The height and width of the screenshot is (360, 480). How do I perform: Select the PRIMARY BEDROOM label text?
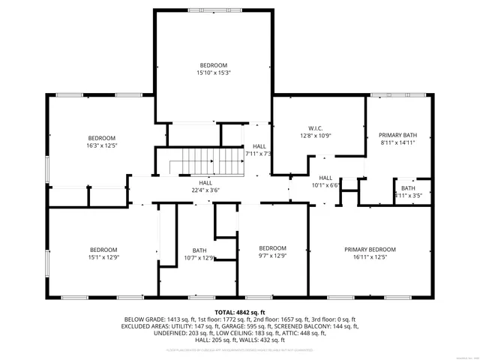[x=370, y=250]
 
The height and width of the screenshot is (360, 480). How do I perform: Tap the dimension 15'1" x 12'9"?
[x=103, y=257]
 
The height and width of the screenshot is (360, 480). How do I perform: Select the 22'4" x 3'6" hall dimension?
[x=205, y=190]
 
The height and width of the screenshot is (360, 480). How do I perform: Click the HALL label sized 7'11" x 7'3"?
[x=259, y=146]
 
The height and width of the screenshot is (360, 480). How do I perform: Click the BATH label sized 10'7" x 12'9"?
[x=199, y=250]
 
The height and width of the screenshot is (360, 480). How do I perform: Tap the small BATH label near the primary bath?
[x=408, y=188]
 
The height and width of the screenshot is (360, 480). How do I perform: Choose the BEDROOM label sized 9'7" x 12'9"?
[x=272, y=248]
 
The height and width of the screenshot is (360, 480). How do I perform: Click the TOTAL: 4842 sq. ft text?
[x=240, y=312]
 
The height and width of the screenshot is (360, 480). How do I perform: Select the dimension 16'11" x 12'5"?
[x=370, y=257]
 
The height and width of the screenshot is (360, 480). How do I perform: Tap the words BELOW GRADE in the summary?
[x=143, y=319]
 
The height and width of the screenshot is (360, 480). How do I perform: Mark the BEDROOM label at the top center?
[x=213, y=65]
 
